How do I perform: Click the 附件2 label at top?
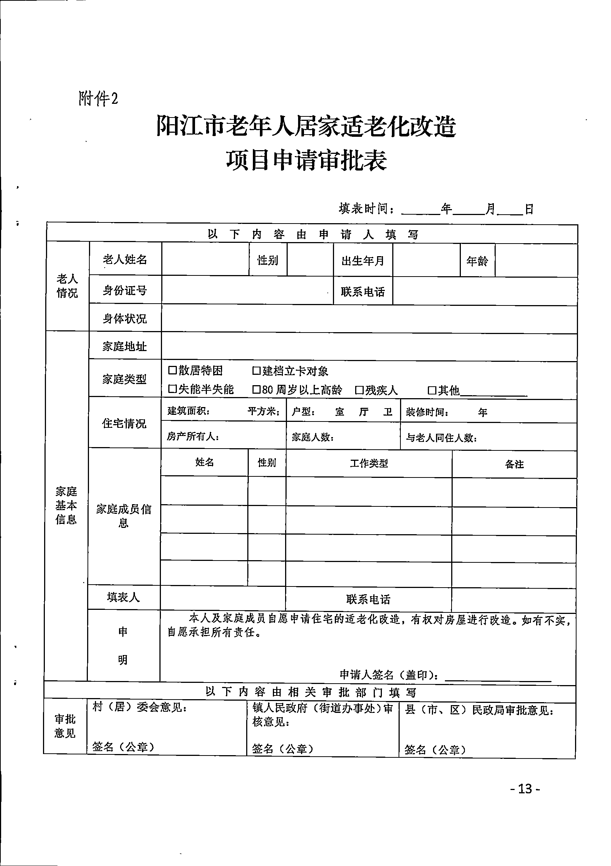pos(98,99)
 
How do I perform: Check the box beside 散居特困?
pos(172,370)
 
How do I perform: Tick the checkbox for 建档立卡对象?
pos(257,371)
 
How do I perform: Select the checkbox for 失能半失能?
pos(172,389)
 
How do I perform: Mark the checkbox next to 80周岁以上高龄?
pos(257,389)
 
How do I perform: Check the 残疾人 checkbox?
pos(359,390)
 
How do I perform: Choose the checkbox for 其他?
pos(432,390)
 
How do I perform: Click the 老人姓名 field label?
pos(125,260)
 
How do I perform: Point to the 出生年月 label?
pos(363,261)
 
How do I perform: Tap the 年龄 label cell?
pos(477,261)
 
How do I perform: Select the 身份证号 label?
pos(125,290)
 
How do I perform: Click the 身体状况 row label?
pos(125,319)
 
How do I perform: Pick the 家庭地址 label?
pos(125,346)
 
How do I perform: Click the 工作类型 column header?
pos(369,463)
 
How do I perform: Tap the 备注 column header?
pos(514,464)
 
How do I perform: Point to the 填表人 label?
pos(123,597)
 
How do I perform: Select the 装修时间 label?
pos(427,412)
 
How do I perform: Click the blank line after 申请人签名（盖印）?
pos(498,677)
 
